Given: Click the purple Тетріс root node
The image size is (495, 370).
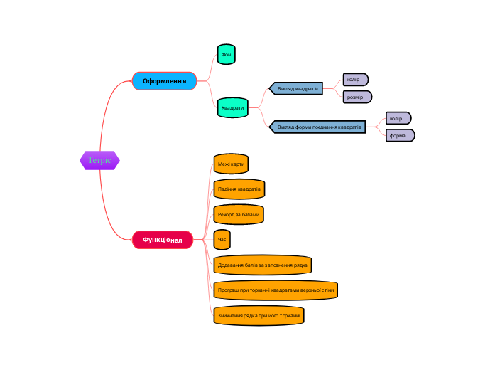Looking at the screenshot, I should [99, 160].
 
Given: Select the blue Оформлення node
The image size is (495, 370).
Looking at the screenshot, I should [164, 81].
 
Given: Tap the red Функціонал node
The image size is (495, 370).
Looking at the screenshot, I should [163, 240].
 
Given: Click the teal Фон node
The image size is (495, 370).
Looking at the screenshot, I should [226, 54].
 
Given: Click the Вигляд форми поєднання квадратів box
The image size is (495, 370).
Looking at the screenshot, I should [319, 127].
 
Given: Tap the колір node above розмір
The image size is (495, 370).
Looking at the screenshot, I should [355, 79].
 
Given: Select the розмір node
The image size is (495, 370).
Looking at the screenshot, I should [357, 96].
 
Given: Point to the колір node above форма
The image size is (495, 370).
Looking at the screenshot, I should [398, 118].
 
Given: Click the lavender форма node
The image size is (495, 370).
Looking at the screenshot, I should [400, 135].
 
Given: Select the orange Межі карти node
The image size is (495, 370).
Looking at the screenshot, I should [231, 164].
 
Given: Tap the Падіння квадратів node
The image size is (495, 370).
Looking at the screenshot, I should [239, 189].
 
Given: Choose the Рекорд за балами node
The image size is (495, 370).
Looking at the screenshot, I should [239, 214].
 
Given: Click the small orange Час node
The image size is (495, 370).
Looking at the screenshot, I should [222, 240].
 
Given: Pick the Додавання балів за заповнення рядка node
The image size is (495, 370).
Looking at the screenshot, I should [262, 265].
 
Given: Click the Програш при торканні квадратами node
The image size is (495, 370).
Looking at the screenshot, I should [275, 290].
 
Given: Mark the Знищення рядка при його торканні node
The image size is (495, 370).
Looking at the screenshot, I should [259, 315].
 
